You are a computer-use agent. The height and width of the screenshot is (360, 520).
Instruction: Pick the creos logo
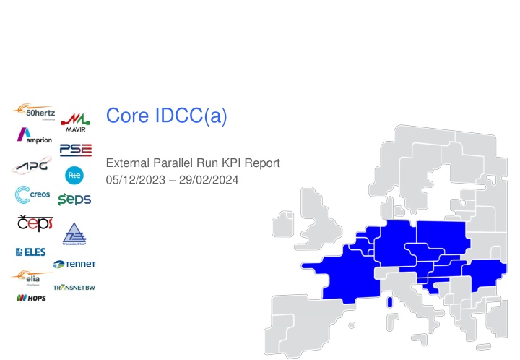click(x=32, y=195)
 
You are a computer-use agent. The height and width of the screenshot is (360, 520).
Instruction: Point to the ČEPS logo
click(x=33, y=224)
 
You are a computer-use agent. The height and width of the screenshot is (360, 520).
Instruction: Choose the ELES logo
click(x=30, y=252)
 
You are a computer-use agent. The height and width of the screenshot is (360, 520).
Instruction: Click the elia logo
click(x=31, y=277)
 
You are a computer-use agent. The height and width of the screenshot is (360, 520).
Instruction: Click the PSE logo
click(x=76, y=150)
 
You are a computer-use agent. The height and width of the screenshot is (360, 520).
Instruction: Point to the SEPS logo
click(x=74, y=199)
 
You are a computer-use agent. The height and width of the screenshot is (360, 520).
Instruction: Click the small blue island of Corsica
click(x=390, y=302)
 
